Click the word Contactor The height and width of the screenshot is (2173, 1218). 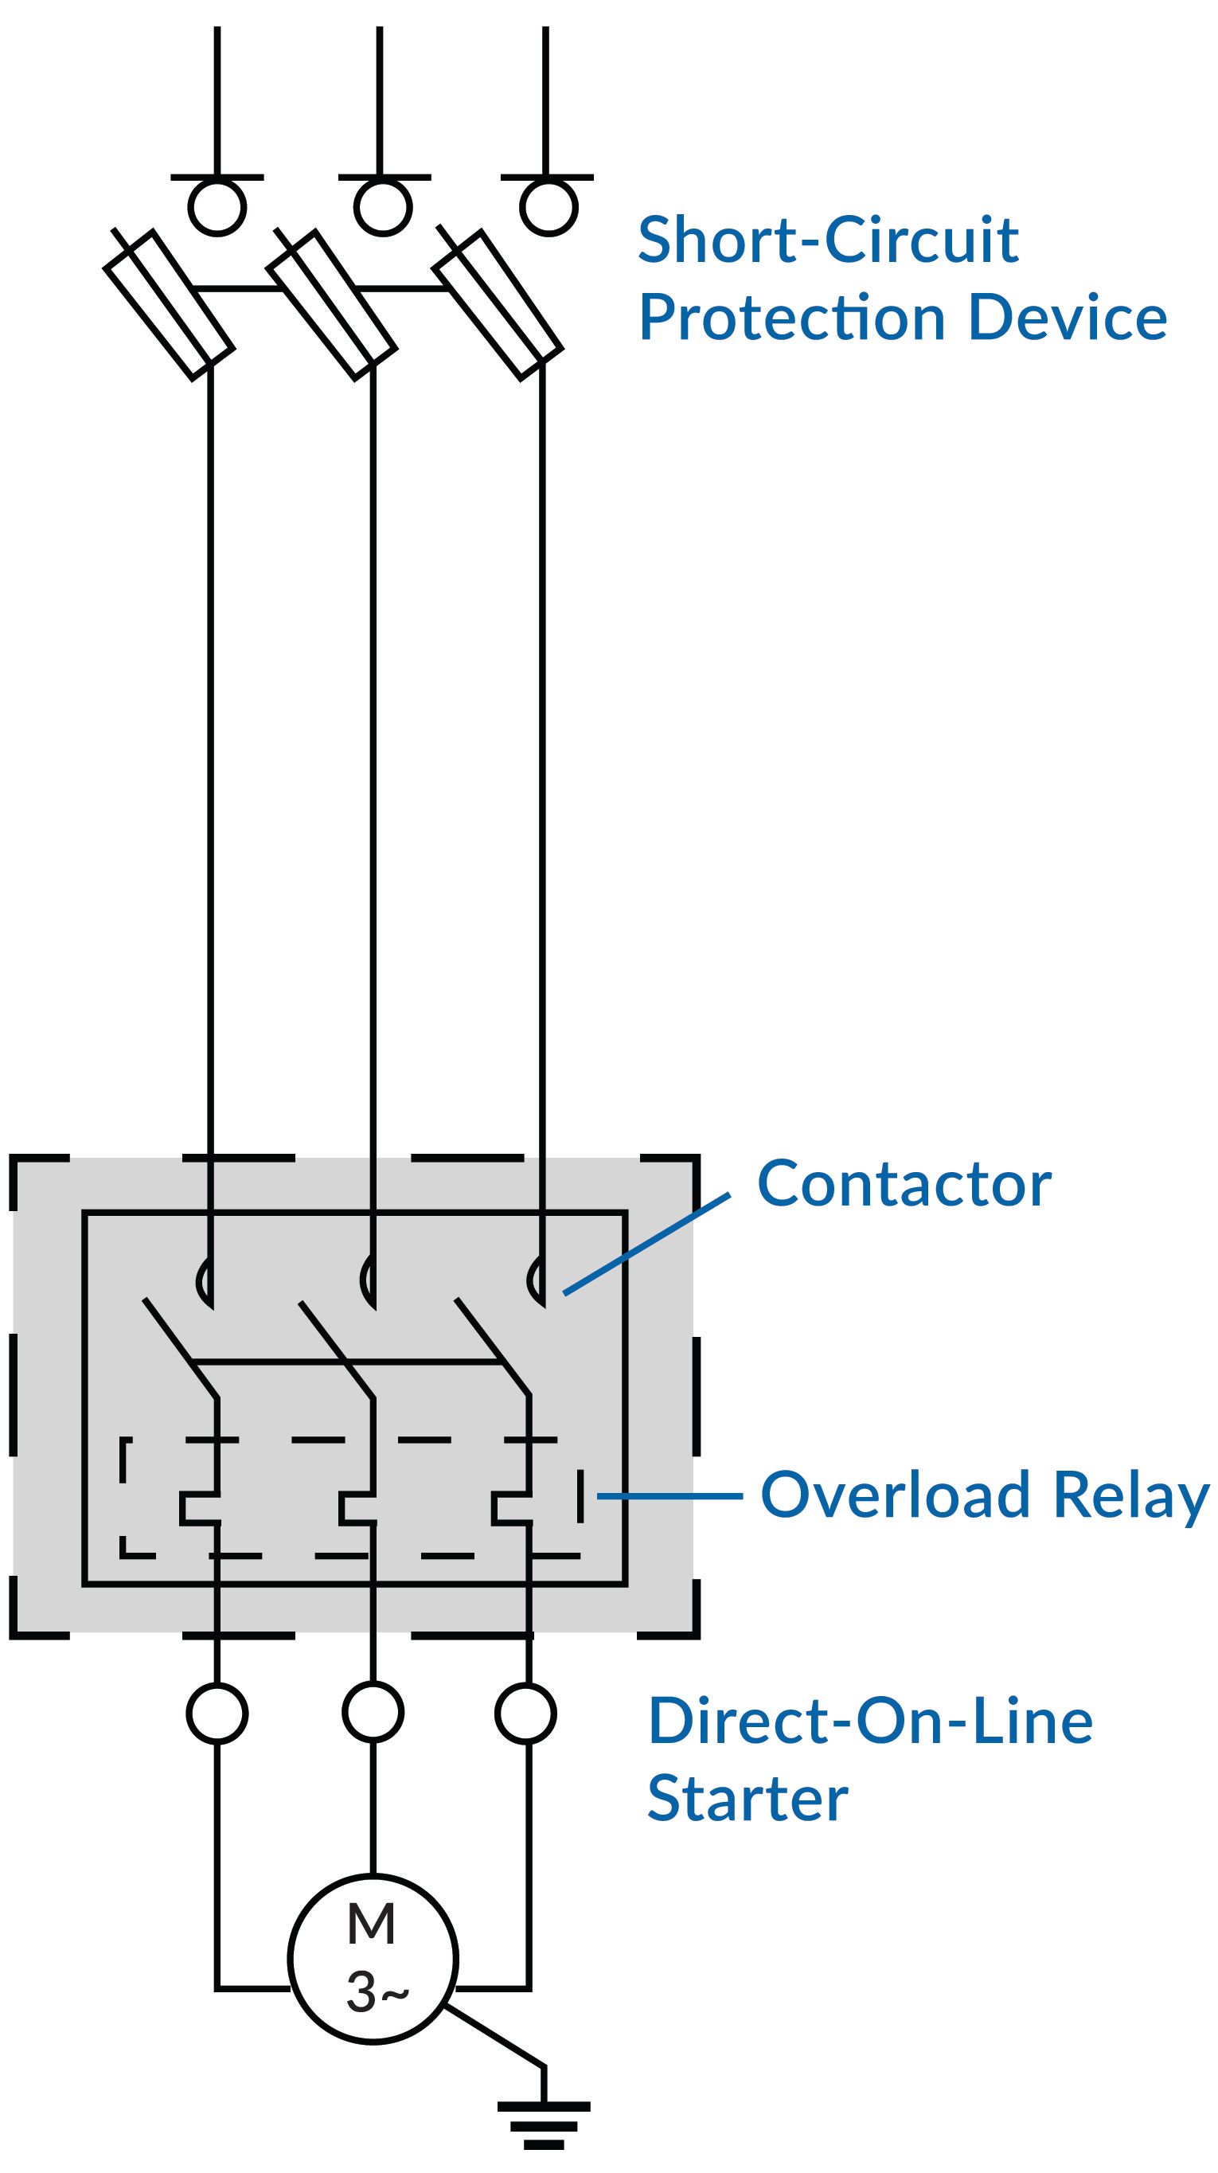(x=904, y=1184)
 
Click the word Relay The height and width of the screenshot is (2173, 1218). (x=1131, y=1496)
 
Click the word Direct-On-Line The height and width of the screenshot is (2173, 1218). (x=869, y=1721)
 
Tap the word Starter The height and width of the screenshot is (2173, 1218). (x=747, y=1798)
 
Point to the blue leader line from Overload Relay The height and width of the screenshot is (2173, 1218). (x=669, y=1495)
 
